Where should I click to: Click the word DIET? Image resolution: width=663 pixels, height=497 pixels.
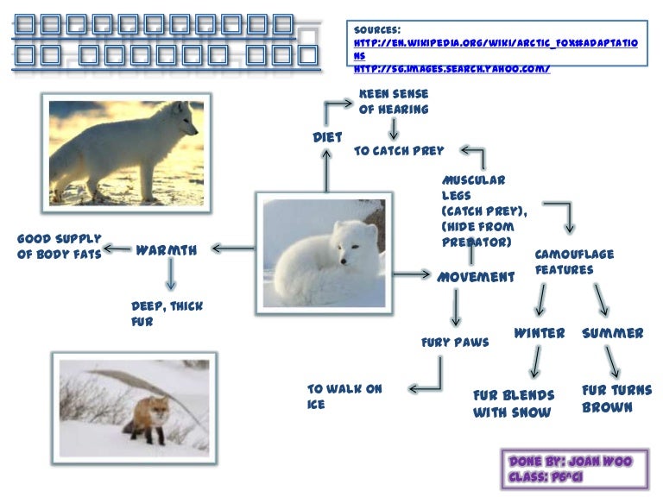coord(327,137)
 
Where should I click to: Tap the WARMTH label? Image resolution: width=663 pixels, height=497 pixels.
coord(167,251)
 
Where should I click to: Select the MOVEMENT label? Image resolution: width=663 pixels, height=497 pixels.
coord(476,277)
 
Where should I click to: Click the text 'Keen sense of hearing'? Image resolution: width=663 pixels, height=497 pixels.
coord(394,101)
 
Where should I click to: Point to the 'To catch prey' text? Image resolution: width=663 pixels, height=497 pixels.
coord(399,150)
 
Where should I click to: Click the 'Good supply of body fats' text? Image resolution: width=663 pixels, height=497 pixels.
coord(60,246)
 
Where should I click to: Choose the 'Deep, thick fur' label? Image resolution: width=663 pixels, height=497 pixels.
coord(167,314)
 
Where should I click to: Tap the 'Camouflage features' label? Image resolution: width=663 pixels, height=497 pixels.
coord(575,262)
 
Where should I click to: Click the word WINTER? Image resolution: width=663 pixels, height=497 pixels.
coord(540,333)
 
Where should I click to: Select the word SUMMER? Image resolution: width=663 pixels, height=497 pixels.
coord(612,333)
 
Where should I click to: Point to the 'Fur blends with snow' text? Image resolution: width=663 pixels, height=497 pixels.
coord(514,403)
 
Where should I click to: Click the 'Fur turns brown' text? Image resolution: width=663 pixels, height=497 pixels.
coord(617,398)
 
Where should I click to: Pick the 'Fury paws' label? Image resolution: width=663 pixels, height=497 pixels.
coord(455,343)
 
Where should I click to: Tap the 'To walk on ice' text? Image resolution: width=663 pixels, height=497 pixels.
coord(344,396)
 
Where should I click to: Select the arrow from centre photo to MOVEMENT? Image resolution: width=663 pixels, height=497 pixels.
coord(410,274)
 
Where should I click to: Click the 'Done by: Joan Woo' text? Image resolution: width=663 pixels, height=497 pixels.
coord(571,462)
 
